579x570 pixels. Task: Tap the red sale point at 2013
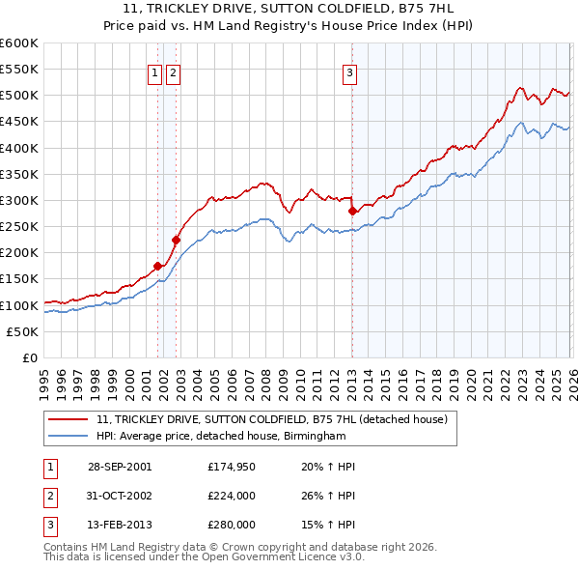pos(352,210)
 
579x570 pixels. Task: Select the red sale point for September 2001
pos(157,266)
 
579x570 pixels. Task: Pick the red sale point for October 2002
pos(177,240)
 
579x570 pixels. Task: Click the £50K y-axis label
pos(23,331)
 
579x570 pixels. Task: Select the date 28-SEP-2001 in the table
pos(119,467)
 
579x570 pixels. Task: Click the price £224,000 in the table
pos(232,496)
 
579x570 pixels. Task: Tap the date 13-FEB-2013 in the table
pos(119,525)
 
